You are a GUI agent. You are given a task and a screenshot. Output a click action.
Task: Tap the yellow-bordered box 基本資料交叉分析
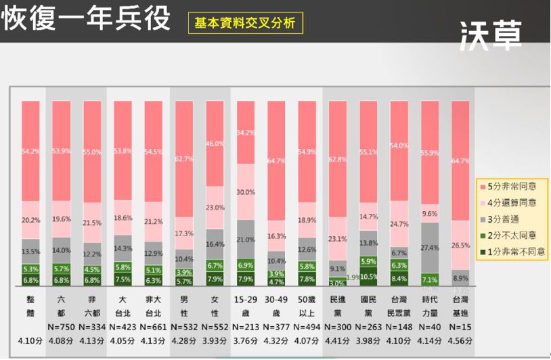[x=245, y=22]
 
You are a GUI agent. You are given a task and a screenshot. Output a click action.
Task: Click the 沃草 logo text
[x=490, y=34]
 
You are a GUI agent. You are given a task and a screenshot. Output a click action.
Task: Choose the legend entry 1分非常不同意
[x=512, y=251]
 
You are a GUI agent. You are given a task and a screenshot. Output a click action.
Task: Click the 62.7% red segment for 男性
[x=184, y=158]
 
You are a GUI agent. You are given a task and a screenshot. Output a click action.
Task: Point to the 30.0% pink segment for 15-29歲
[x=246, y=192]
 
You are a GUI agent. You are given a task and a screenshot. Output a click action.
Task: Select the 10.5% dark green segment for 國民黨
[x=368, y=276]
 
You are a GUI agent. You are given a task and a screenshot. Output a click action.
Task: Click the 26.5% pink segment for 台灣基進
[x=460, y=245]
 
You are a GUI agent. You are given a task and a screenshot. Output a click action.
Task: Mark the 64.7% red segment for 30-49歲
[x=276, y=160]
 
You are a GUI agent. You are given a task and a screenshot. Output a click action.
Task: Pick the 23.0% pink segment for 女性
[x=215, y=208]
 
